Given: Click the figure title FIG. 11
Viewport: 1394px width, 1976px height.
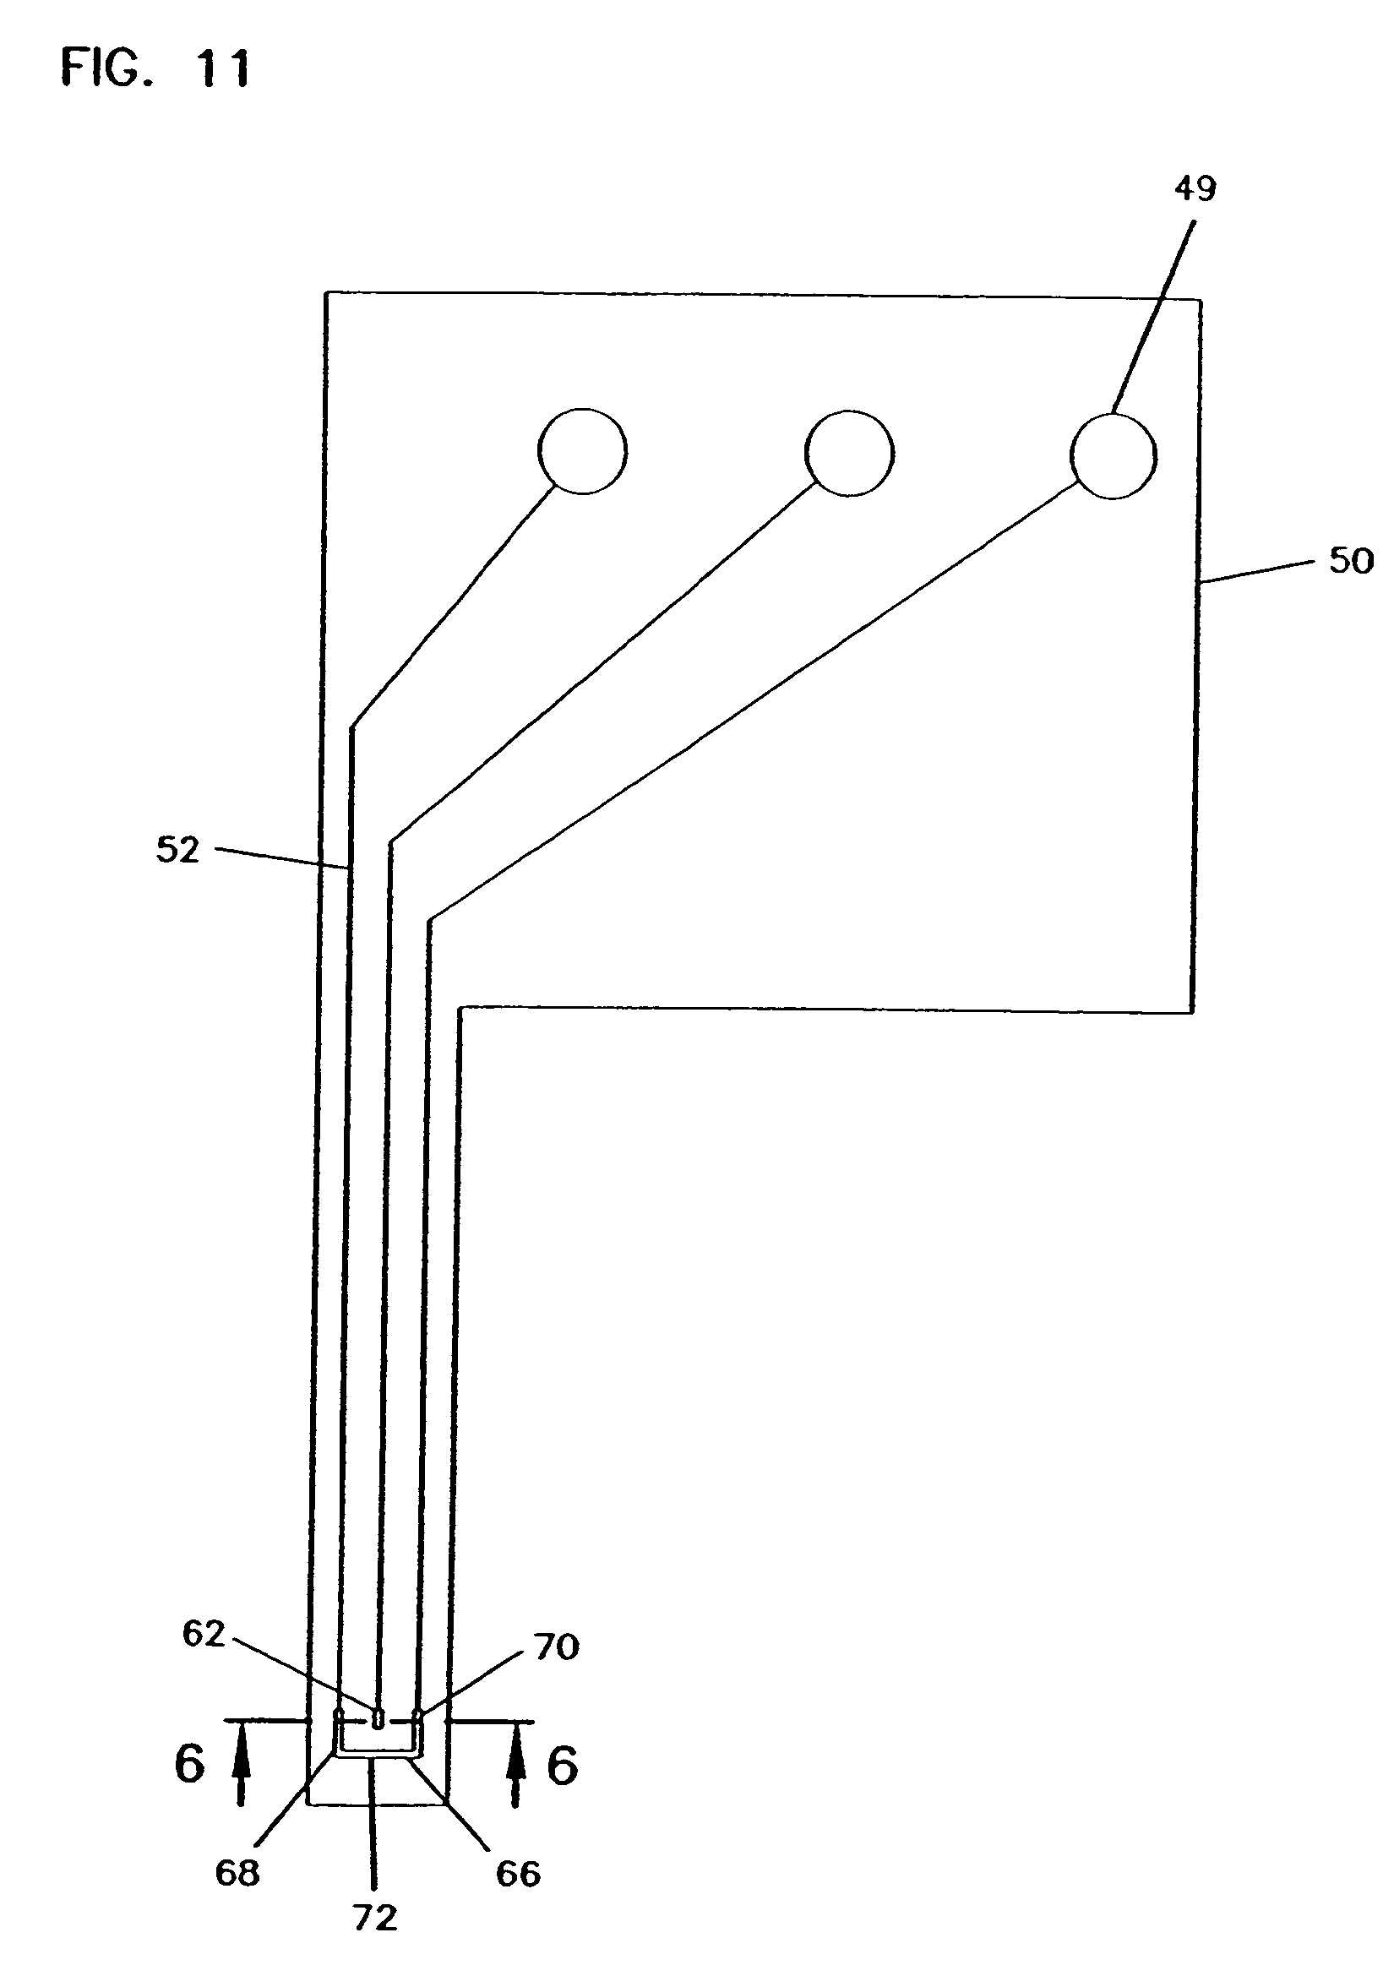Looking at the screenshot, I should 155,68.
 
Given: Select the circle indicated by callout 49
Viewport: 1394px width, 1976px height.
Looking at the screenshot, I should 1113,456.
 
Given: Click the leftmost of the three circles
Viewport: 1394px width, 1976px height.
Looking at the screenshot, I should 583,451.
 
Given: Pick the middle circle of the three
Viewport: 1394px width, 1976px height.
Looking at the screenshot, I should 849,453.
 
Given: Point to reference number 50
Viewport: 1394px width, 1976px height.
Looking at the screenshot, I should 1351,561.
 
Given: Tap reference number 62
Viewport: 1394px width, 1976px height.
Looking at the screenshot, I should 203,1635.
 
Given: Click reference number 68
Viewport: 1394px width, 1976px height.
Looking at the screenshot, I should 237,1873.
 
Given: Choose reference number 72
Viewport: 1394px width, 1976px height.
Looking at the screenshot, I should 376,1918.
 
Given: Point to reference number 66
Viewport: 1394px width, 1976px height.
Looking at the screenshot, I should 518,1874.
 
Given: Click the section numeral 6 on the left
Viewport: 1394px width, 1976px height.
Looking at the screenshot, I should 189,1765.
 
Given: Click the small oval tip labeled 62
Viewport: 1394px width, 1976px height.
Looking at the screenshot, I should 378,1718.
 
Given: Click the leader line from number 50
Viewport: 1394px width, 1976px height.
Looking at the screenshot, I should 1256,572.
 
